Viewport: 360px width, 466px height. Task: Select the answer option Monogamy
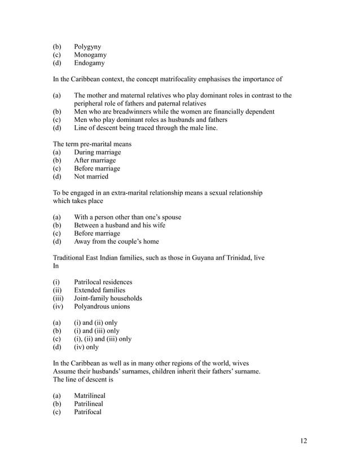[90, 55]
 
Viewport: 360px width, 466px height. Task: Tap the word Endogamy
[89, 64]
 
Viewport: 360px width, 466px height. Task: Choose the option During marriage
[97, 152]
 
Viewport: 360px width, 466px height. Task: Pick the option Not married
[91, 177]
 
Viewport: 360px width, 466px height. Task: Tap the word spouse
[170, 217]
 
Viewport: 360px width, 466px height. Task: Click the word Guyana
[193, 258]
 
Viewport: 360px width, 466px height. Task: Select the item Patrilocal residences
[103, 282]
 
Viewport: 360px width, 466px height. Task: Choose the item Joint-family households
[108, 298]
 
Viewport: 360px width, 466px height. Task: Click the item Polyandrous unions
[102, 306]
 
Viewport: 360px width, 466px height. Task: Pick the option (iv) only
[86, 347]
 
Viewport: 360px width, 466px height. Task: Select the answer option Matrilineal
[90, 396]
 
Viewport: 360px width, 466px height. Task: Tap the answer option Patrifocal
[87, 412]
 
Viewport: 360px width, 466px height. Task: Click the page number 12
[303, 441]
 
